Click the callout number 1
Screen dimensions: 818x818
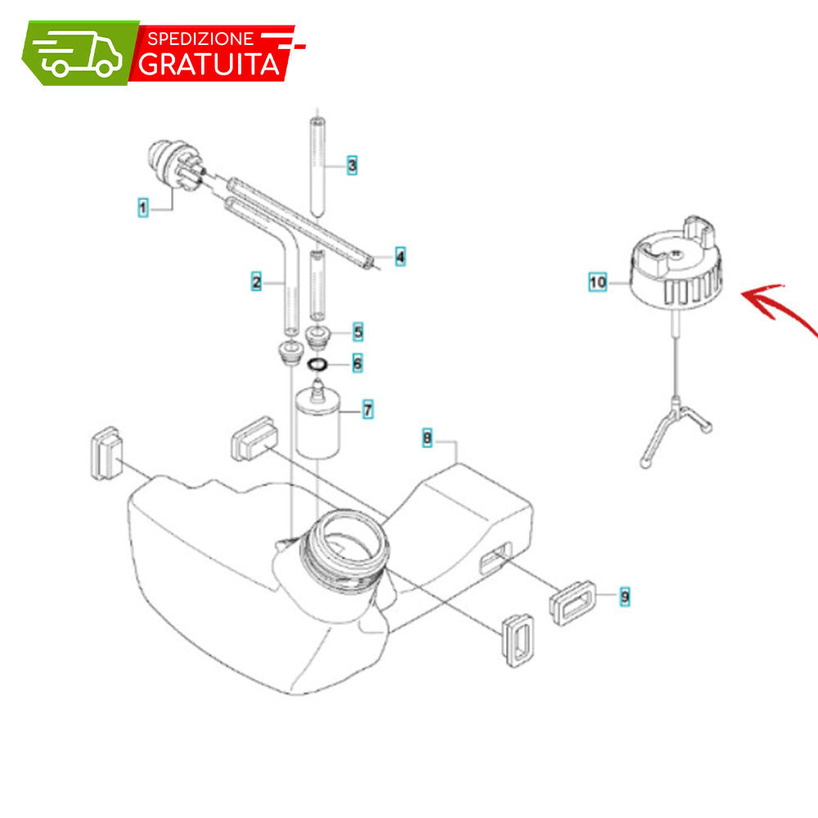[143, 208]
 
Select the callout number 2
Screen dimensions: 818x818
[256, 281]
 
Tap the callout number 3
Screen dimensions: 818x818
[352, 165]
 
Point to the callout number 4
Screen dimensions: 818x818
[400, 257]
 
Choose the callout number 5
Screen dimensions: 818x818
[358, 332]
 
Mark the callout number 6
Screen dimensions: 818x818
[357, 363]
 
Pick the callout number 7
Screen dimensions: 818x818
[368, 410]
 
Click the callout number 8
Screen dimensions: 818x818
[427, 438]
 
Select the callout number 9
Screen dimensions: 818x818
[624, 596]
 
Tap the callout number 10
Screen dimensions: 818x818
[597, 282]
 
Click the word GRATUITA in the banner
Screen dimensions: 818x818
[209, 64]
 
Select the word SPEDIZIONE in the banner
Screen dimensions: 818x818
[200, 38]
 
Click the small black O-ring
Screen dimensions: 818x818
[317, 364]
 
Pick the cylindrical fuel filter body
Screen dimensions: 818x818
[317, 425]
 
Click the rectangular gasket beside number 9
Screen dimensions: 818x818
[572, 603]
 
